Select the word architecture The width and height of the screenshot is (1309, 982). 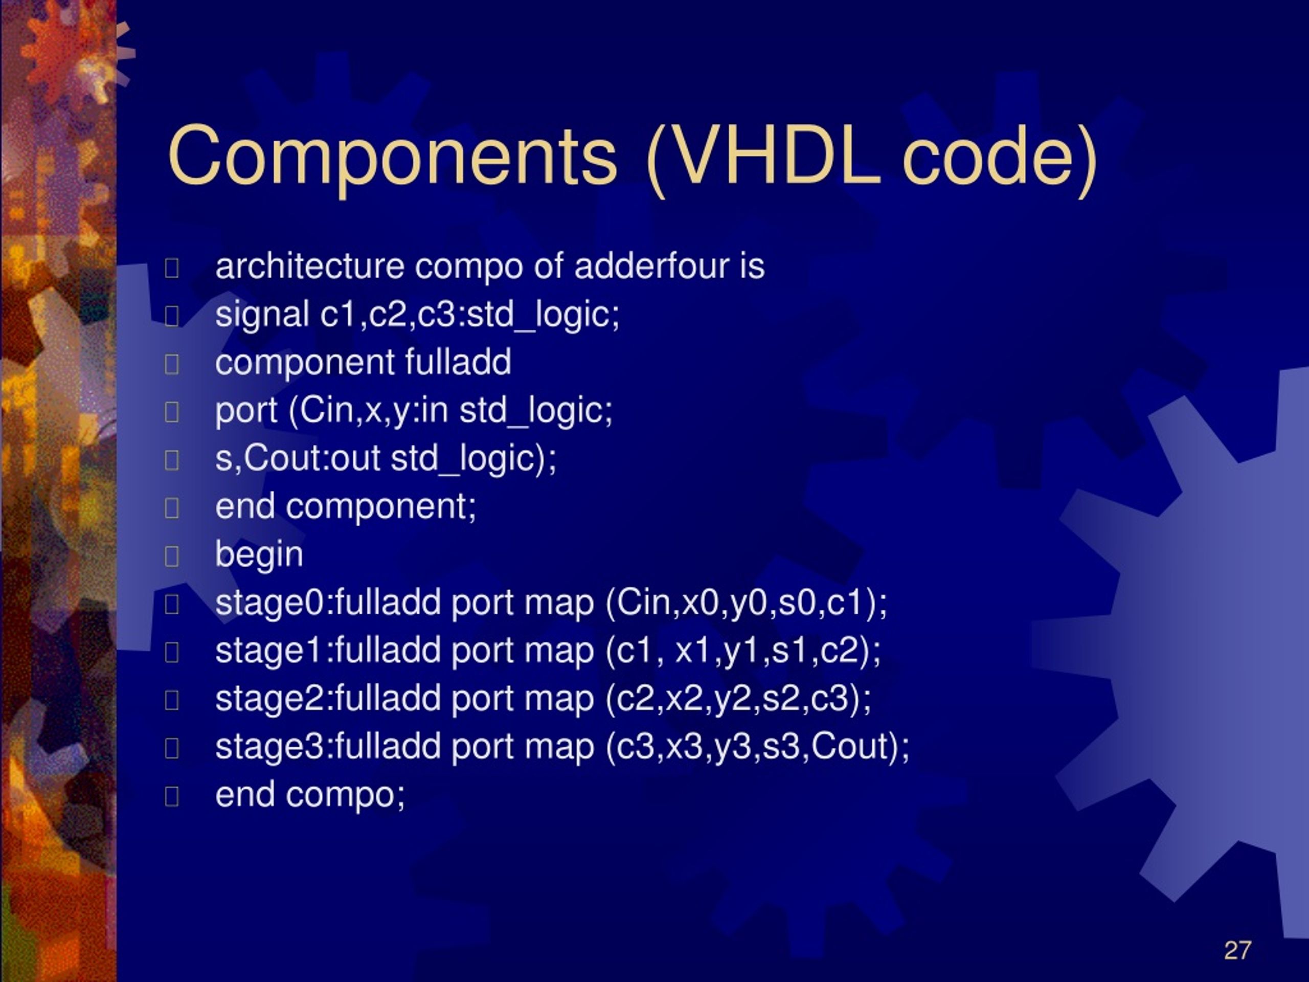(309, 266)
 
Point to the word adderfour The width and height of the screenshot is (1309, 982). (651, 266)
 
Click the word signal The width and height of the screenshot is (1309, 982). (262, 315)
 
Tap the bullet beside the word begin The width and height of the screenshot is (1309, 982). (172, 556)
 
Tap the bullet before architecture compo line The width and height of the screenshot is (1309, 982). (172, 268)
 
